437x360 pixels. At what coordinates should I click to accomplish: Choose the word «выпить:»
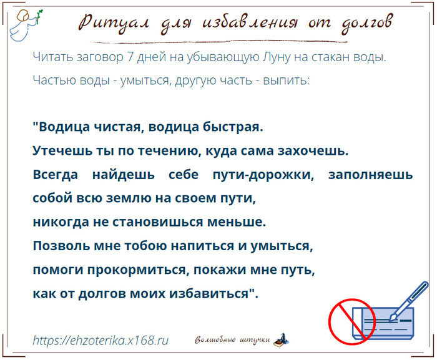286,80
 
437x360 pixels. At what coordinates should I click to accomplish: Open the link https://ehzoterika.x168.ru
101,341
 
